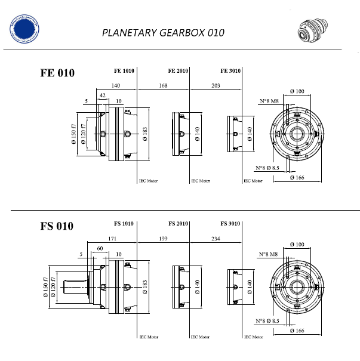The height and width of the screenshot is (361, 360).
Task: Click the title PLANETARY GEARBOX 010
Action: tap(163, 32)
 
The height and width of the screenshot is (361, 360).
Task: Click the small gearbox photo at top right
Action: tap(315, 30)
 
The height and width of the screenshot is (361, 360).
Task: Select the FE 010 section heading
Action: tap(57, 73)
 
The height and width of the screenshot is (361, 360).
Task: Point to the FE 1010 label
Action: tap(124, 71)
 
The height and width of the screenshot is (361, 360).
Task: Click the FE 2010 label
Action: tap(178, 71)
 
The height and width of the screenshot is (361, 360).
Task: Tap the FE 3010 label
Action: tap(230, 71)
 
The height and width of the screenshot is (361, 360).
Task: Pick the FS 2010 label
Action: tap(178, 224)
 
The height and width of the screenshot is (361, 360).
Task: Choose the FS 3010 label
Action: tap(230, 224)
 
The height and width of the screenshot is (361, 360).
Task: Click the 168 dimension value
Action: tap(163, 86)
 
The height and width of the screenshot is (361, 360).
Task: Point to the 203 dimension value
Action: tap(216, 86)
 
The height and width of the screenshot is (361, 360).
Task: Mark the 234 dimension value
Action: tap(216, 239)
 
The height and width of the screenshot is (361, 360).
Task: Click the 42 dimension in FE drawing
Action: tap(103, 95)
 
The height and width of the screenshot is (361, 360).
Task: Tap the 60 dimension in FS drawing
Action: tap(100, 248)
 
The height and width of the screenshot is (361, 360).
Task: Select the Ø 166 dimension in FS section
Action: tap(297, 330)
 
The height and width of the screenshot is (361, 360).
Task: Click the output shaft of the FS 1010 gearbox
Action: tap(72, 288)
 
